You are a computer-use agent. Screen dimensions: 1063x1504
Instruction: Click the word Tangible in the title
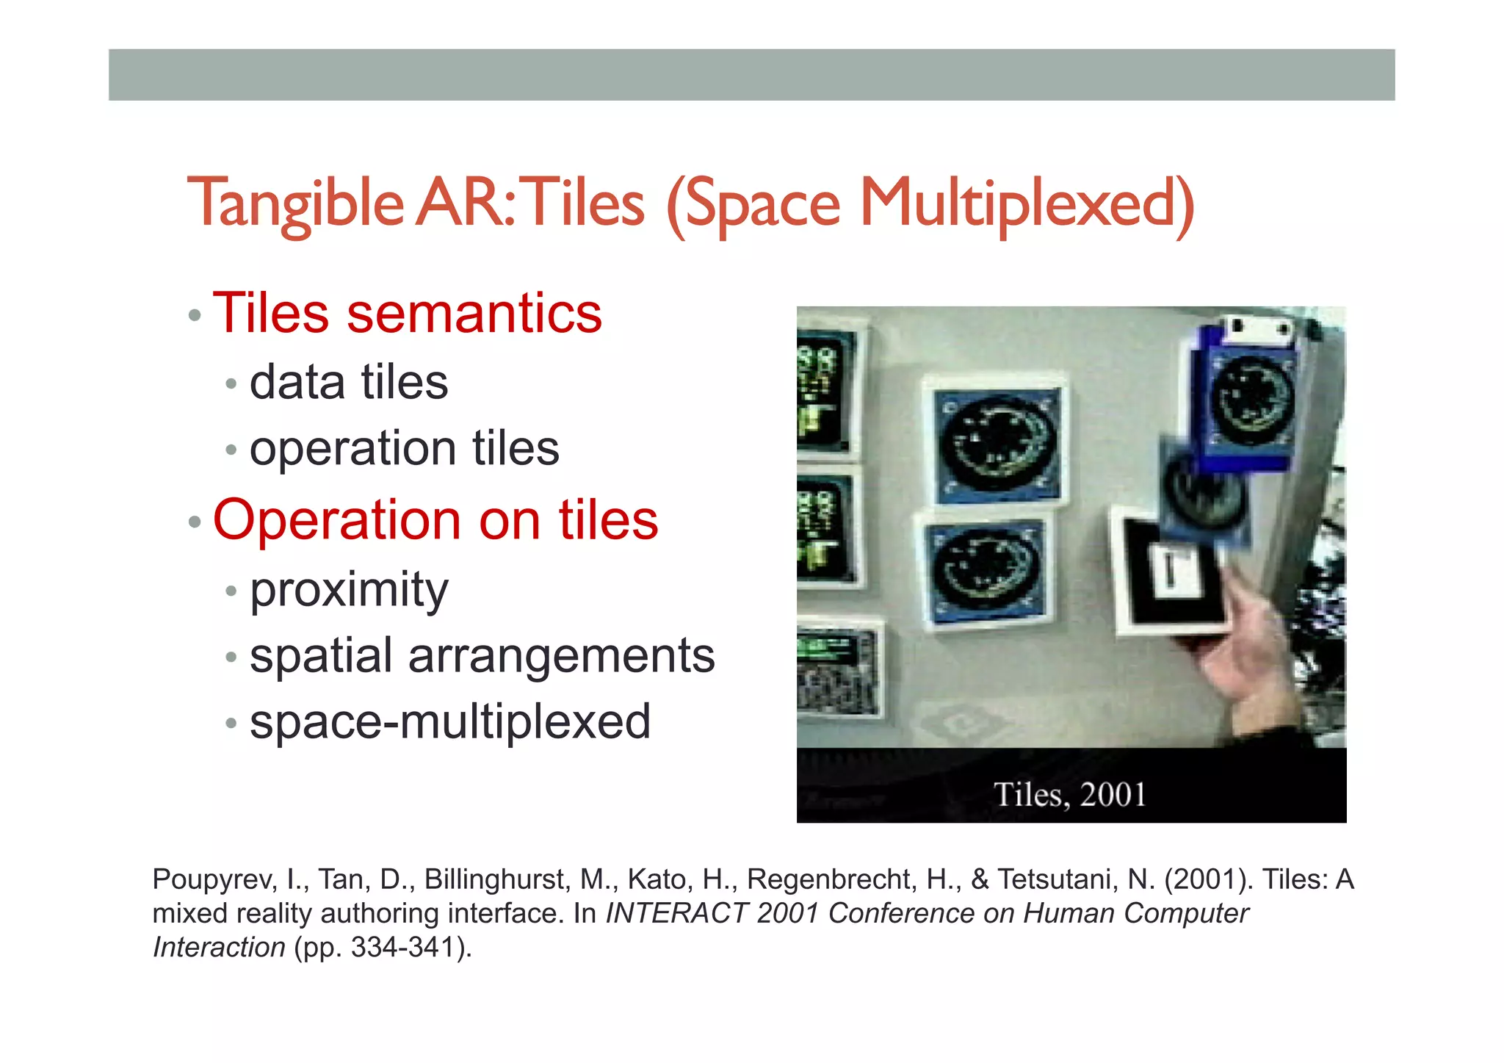coord(295,203)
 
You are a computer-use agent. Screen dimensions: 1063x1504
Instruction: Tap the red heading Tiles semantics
coord(407,314)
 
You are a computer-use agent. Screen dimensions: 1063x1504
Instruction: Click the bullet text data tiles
coord(349,383)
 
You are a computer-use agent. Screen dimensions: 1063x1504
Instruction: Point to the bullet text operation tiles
coord(404,448)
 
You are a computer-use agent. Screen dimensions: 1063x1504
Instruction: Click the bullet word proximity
coord(349,590)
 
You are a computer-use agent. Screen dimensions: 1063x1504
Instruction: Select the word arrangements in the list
coord(561,655)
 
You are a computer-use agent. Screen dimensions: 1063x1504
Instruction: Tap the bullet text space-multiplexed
coord(450,721)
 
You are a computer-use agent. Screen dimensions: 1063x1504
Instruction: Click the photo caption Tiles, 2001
coord(1069,795)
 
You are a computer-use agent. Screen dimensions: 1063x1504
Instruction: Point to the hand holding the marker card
coord(1241,646)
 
